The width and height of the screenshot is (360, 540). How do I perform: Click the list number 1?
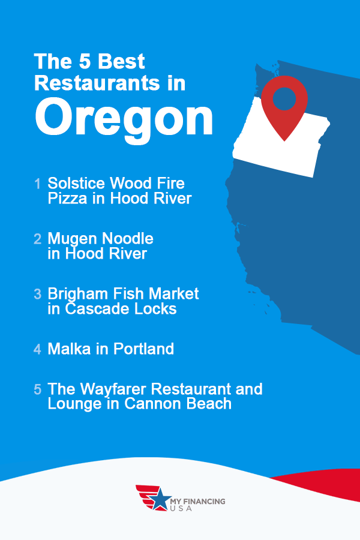click(38, 183)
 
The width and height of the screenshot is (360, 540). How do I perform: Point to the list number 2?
click(37, 239)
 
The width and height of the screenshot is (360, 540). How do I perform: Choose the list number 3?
click(37, 294)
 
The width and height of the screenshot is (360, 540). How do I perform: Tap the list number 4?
click(37, 349)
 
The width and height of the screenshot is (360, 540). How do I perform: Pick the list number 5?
click(37, 389)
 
